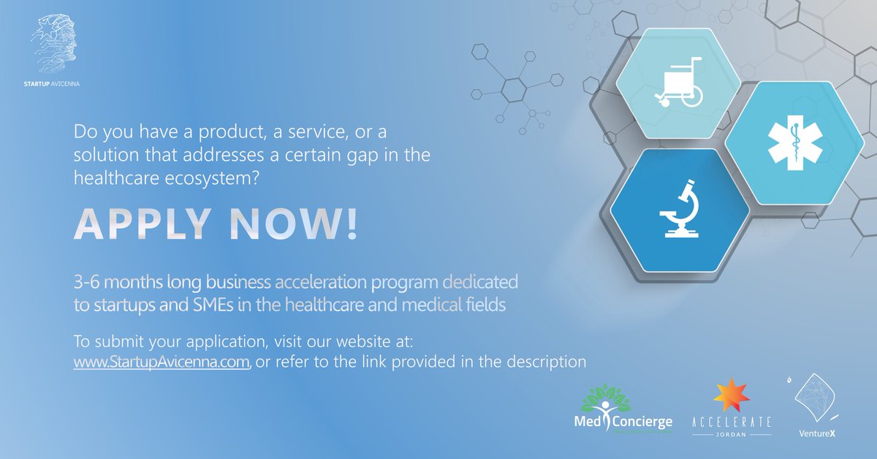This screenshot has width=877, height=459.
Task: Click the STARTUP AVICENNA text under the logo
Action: pos(52,84)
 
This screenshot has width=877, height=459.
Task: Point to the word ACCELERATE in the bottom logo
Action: pos(731,422)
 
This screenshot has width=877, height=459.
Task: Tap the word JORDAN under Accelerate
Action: pos(731,433)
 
